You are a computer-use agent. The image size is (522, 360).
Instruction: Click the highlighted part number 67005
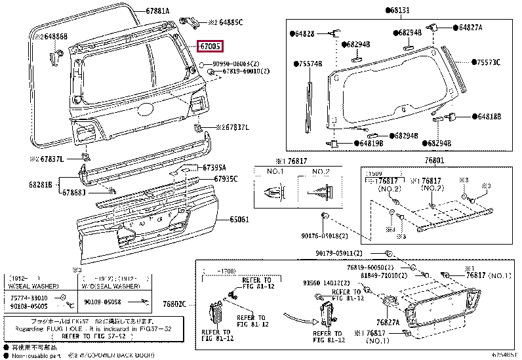pos(211,46)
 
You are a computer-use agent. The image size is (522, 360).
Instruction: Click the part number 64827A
pos(470,28)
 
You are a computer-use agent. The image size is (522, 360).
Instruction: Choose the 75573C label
pos(487,62)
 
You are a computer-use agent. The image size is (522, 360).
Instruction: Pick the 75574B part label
pos(308,64)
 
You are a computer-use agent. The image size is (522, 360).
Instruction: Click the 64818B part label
pos(487,116)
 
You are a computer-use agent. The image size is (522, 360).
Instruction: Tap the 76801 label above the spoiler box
pos(433,161)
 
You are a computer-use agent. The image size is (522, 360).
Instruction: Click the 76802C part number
pos(174,304)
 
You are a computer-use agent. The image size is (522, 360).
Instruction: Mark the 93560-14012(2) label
pos(325,284)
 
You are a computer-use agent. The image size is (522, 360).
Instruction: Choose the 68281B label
pos(40,185)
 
